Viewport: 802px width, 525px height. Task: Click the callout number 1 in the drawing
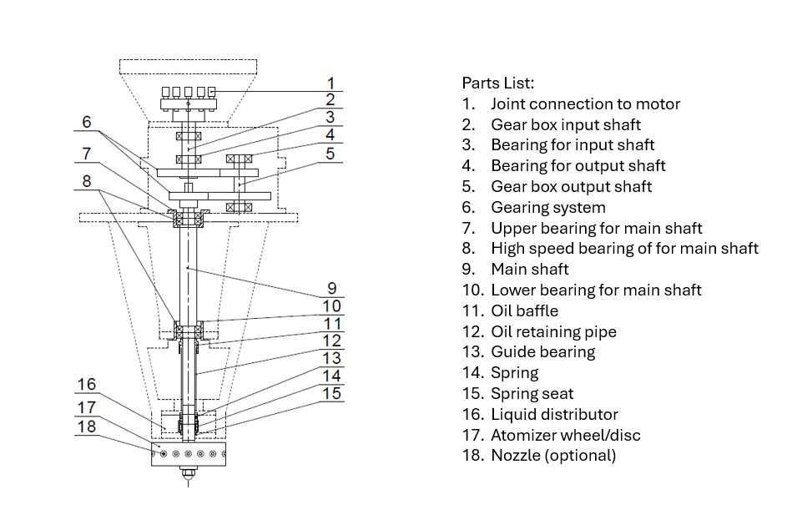click(331, 83)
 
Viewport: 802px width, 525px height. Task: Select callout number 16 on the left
click(87, 385)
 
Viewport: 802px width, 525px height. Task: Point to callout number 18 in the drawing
click(87, 427)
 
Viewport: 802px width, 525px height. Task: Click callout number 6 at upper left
click(87, 122)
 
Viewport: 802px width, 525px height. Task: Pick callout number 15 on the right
click(332, 393)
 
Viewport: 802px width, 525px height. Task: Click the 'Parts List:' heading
click(497, 83)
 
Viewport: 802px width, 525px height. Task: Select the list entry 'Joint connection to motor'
click(585, 104)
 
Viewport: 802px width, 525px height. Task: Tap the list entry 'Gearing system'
click(547, 208)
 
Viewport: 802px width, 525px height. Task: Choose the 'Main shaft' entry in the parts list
click(529, 270)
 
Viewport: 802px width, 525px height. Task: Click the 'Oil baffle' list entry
click(524, 311)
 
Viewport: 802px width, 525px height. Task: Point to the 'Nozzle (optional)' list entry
click(552, 456)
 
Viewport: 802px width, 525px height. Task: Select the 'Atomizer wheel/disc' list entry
click(565, 435)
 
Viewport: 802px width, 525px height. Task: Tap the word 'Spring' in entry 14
click(514, 373)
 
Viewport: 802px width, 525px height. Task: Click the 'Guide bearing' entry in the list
click(542, 352)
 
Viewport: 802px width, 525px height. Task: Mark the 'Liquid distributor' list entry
click(554, 415)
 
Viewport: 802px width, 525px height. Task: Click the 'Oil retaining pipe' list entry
click(553, 332)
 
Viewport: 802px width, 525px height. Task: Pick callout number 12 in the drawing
click(332, 341)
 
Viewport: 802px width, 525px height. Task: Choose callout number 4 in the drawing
click(331, 134)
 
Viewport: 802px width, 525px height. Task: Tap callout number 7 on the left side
click(87, 154)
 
